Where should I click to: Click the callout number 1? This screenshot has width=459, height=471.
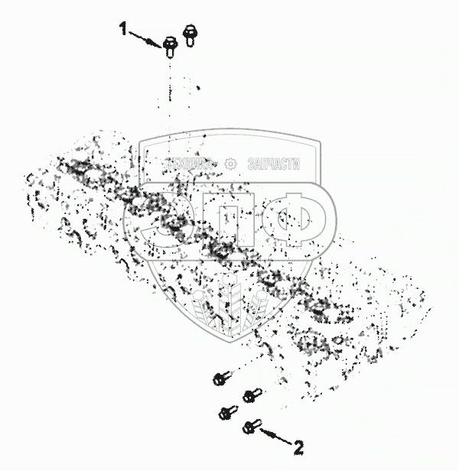(122, 29)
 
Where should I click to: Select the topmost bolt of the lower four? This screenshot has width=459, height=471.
(220, 378)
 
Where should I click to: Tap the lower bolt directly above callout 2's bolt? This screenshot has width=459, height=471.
(249, 396)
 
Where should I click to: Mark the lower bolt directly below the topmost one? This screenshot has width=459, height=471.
(225, 412)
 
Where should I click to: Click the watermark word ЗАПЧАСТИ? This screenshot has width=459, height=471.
(272, 164)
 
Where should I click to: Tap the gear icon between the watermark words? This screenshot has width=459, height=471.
(232, 164)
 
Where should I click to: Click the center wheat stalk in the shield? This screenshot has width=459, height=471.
(229, 302)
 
